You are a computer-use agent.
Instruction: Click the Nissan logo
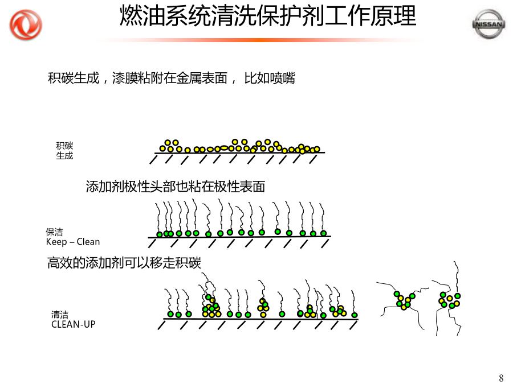488,24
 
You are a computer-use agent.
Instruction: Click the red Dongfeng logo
26,25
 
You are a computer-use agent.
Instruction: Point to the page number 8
501,378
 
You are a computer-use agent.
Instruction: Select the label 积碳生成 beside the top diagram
64,151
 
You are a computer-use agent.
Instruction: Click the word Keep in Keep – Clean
56,242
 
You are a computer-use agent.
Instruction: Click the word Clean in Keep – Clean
88,242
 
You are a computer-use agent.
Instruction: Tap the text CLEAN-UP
74,324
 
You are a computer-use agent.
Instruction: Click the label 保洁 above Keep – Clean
54,232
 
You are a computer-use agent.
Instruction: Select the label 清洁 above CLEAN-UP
60,315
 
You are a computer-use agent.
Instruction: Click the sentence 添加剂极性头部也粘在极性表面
176,187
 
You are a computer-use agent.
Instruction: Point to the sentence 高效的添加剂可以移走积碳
124,263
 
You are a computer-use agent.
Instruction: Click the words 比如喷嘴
270,79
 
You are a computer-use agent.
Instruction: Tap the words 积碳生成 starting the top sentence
74,79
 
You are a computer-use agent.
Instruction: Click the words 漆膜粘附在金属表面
170,79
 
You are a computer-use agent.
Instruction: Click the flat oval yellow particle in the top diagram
224,148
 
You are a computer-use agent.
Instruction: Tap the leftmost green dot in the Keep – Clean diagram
160,234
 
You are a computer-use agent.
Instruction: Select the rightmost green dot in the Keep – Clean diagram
323,233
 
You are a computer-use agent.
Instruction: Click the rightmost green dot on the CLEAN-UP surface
355,315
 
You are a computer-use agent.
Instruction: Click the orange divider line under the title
258,40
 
